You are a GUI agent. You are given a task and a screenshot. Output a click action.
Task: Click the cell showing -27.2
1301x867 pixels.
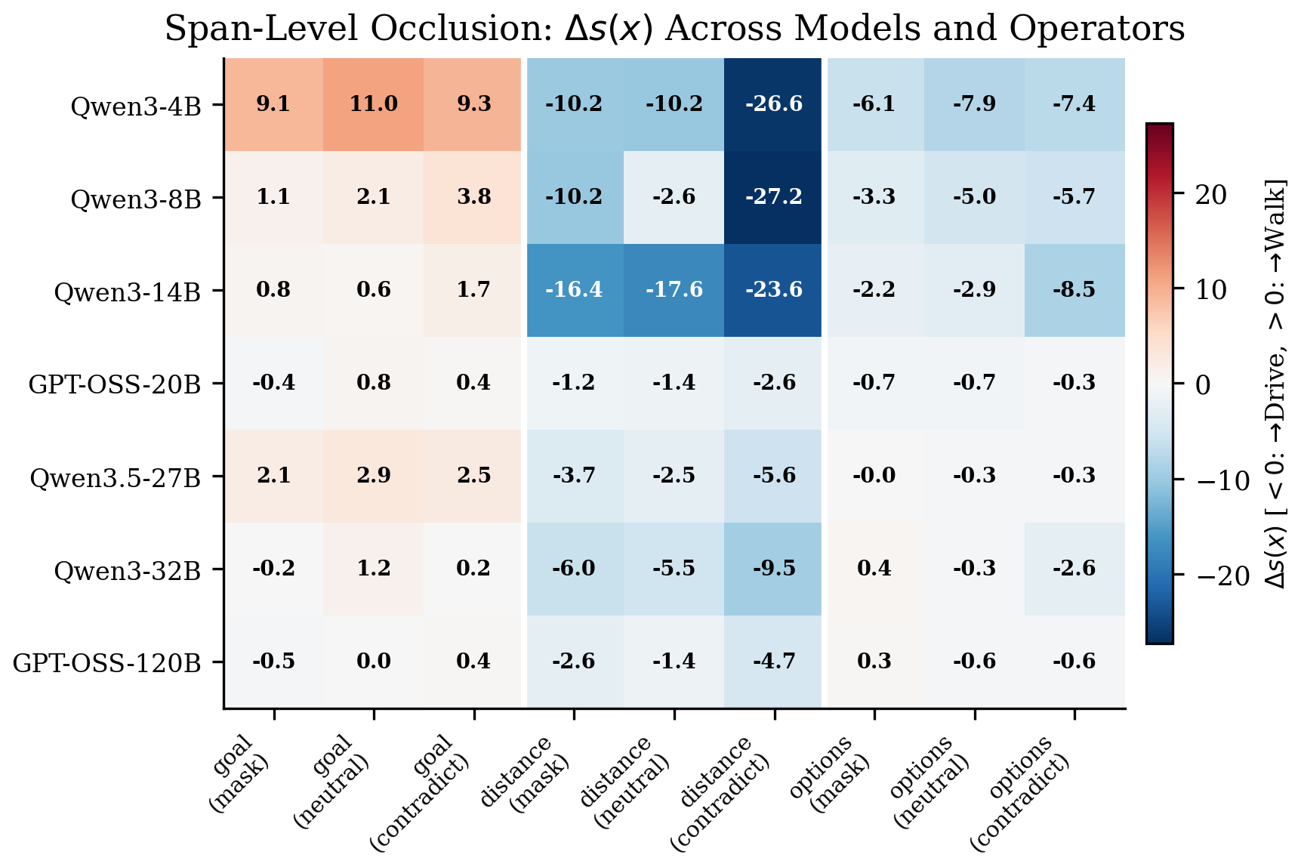coord(774,197)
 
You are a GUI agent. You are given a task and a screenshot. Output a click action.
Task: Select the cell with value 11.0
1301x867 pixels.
coord(373,104)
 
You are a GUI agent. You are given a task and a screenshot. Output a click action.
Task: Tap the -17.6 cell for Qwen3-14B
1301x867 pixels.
coord(674,290)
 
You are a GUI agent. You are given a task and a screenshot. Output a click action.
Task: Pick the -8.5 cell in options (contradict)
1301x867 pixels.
coord(1074,290)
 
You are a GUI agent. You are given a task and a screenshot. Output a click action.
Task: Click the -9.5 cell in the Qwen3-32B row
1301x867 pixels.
coord(774,569)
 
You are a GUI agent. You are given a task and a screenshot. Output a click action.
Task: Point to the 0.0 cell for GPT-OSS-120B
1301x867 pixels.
coord(373,662)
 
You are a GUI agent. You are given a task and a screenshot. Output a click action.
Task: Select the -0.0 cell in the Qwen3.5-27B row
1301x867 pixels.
coord(874,476)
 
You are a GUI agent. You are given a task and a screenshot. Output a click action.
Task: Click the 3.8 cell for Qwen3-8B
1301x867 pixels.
coord(473,197)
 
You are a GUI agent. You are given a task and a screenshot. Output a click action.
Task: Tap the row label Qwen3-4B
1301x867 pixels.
coord(136,106)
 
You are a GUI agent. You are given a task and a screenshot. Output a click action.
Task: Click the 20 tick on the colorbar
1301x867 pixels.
coord(1211,195)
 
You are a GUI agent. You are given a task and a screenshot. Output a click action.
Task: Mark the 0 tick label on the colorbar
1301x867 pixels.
coord(1204,385)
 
